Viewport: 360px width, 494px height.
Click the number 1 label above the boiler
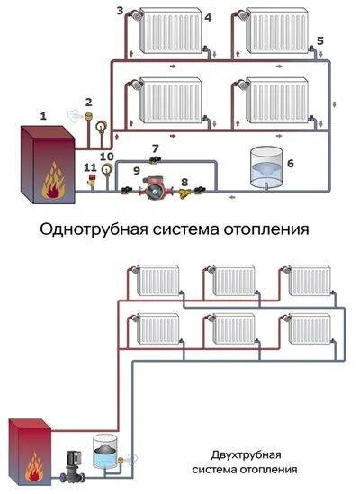click(42, 115)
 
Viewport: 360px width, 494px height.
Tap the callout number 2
click(88, 102)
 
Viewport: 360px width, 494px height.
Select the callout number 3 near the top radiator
click(121, 10)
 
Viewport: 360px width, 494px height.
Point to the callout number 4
click(208, 17)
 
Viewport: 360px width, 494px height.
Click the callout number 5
click(320, 41)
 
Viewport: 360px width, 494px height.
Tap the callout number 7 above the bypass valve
click(156, 148)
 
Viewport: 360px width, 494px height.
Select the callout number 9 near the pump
click(137, 168)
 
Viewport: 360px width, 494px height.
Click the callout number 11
click(88, 167)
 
